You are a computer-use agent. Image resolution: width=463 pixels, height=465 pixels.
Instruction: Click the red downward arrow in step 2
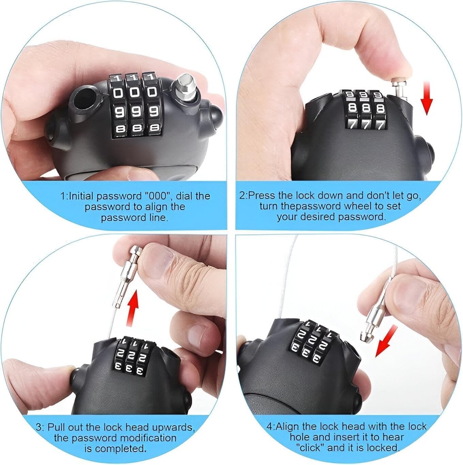[427, 98]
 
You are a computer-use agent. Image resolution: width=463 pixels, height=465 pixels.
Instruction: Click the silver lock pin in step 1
[184, 87]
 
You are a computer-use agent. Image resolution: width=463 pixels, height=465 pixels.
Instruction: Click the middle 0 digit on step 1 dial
[135, 93]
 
